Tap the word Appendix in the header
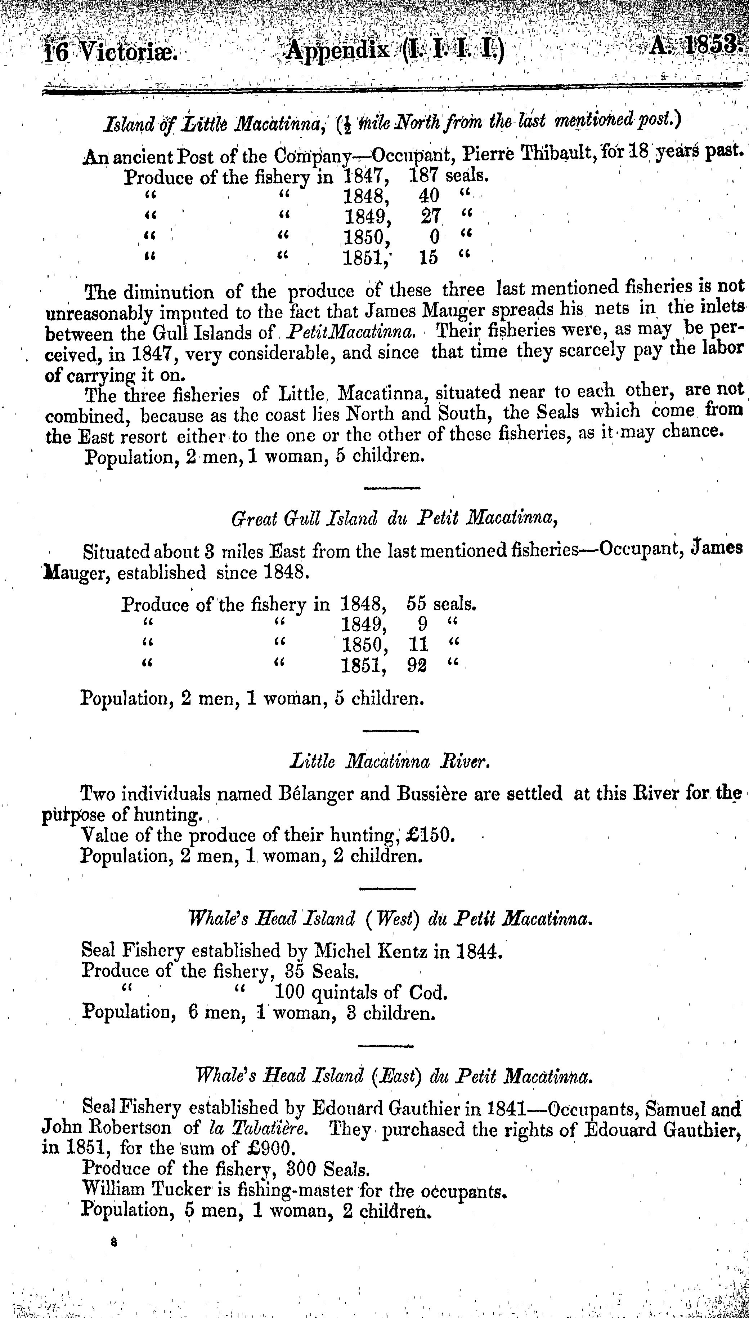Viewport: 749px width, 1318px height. click(337, 50)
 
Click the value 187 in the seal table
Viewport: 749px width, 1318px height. click(424, 176)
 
